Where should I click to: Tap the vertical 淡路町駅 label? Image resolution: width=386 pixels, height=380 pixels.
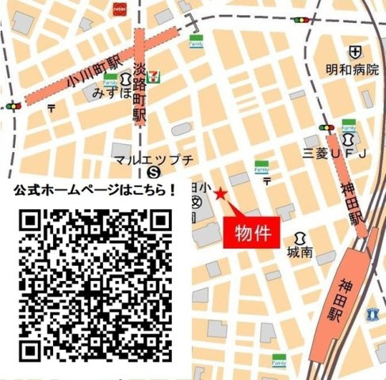pyautogui.click(x=139, y=92)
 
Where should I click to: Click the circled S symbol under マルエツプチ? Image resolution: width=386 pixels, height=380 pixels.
pyautogui.click(x=155, y=171)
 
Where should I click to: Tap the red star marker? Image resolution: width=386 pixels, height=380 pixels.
pyautogui.click(x=220, y=194)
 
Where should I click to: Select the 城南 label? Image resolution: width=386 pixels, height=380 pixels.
pyautogui.click(x=300, y=253)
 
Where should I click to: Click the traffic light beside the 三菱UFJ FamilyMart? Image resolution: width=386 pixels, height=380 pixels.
pyautogui.click(x=324, y=126)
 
